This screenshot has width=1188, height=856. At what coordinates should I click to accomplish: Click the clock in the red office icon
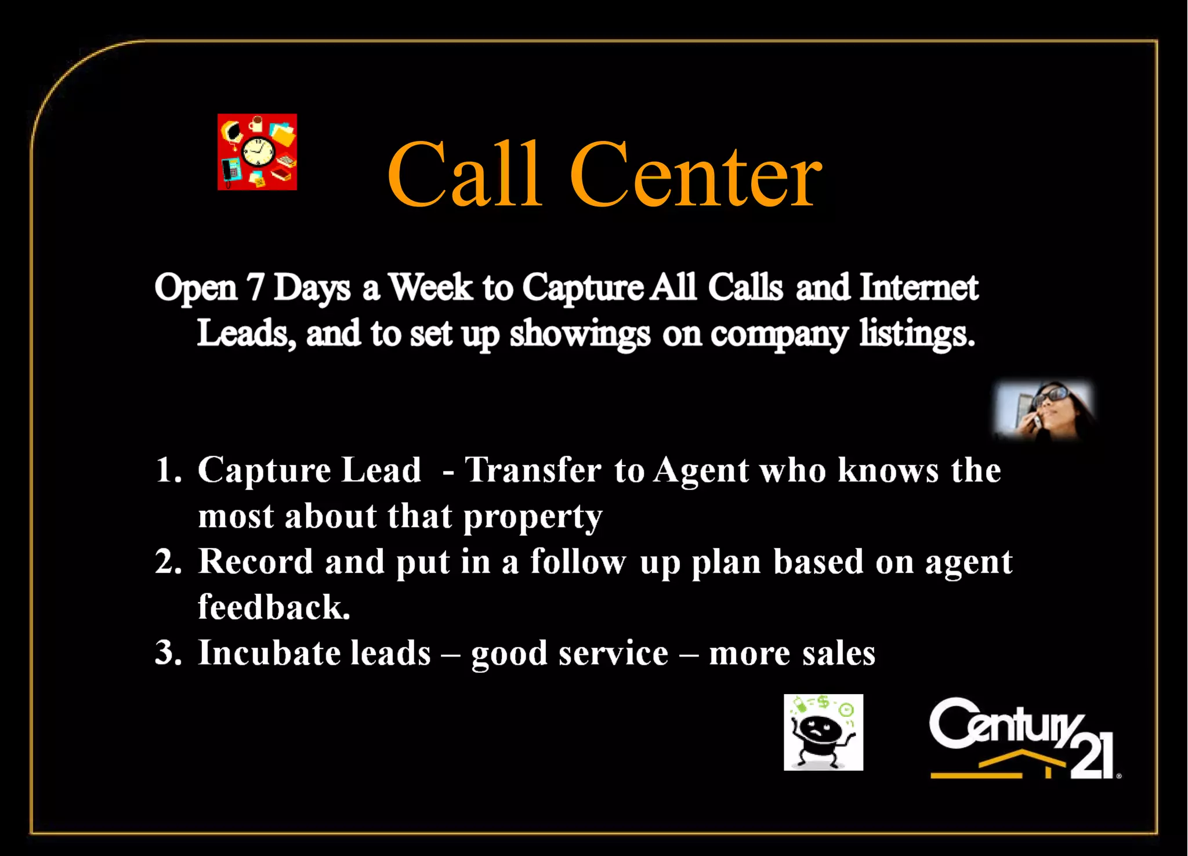click(258, 152)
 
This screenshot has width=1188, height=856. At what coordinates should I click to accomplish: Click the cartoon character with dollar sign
click(823, 732)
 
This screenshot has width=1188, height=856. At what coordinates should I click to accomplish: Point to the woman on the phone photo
click(1044, 410)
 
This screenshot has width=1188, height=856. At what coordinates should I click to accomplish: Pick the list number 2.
click(168, 561)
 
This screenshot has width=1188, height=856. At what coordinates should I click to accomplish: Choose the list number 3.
click(168, 652)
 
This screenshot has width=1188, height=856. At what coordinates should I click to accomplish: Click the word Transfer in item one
click(533, 470)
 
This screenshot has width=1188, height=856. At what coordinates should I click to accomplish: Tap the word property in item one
click(533, 517)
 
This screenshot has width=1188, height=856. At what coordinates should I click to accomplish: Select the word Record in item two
click(255, 561)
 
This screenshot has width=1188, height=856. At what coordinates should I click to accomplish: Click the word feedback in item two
click(274, 607)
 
